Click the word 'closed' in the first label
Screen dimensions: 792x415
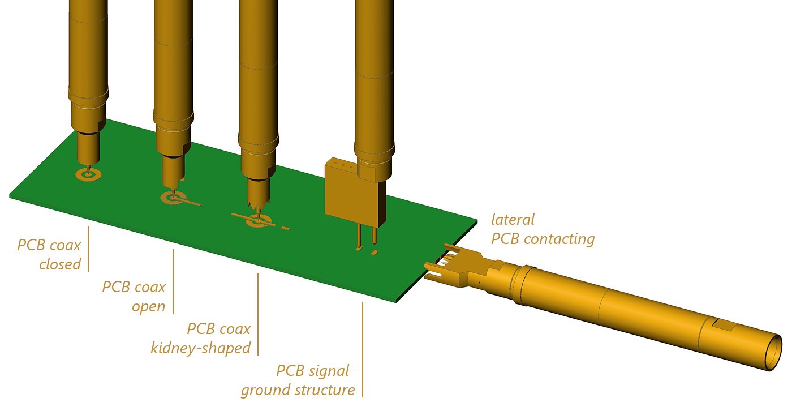60,264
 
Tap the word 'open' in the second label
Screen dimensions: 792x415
148,307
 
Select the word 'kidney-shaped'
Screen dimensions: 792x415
201,348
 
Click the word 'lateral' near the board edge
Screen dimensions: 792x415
513,220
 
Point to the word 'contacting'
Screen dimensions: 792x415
559,239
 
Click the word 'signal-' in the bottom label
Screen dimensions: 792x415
332,371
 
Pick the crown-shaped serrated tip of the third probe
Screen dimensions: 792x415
258,203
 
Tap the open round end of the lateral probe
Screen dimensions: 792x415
772,352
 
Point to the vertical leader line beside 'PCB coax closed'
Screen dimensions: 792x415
88,249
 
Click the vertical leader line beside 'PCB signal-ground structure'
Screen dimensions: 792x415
363,349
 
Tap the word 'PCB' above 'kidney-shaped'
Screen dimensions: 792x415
199,329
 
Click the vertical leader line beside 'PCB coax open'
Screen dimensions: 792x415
173,281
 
